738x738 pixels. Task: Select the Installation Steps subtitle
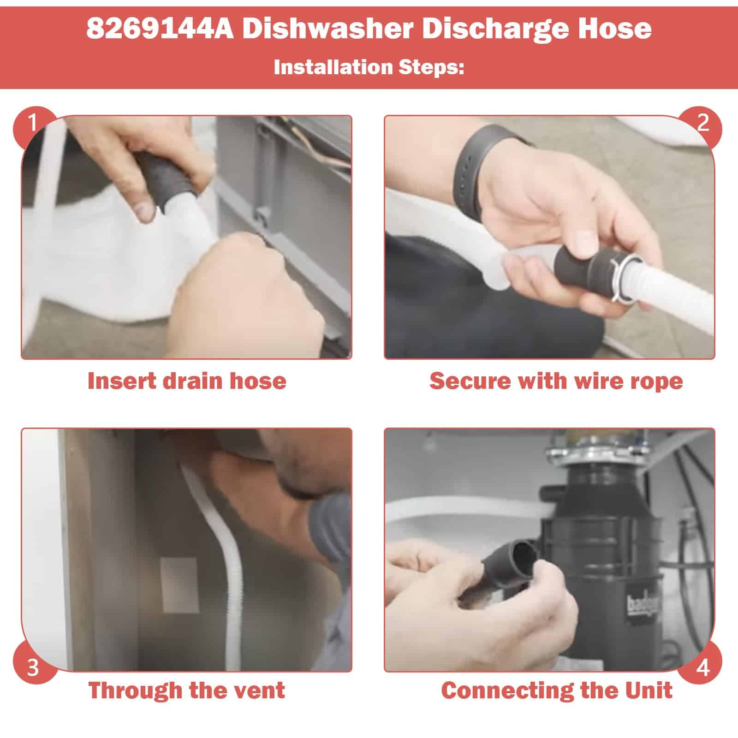tap(369, 67)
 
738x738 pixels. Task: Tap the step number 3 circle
tap(32, 667)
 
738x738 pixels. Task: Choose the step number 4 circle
tap(703, 667)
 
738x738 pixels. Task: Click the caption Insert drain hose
tap(186, 381)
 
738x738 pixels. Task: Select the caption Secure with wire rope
tap(556, 381)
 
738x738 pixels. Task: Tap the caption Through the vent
tap(186, 690)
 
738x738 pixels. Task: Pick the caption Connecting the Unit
tap(556, 691)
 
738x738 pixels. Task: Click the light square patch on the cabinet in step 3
tap(180, 585)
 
